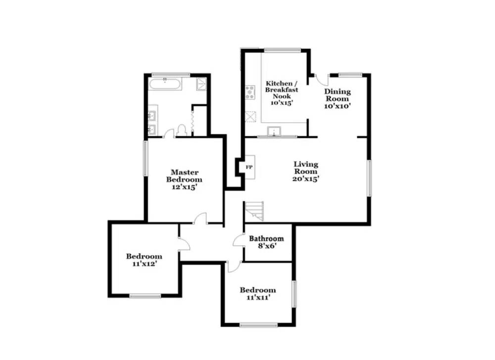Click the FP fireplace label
pos(249,168)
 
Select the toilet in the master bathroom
pos(182,130)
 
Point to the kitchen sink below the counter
pos(273,132)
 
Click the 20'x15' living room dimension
pos(305,179)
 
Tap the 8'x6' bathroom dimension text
pos(266,246)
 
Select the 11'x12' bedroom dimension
pos(144,264)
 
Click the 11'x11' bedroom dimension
pos(257,298)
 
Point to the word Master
pos(184,172)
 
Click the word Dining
pos(337,91)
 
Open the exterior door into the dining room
pos(320,81)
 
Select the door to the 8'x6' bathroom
pos(240,240)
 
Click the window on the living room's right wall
pos(369,178)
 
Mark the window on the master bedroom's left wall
pos(146,158)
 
